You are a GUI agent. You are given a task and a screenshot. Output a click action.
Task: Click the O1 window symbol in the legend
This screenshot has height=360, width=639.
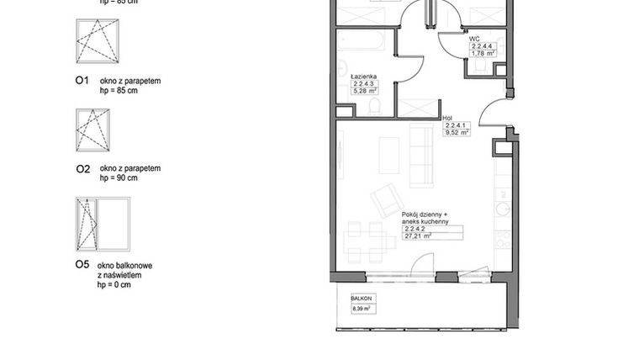(x=98, y=41)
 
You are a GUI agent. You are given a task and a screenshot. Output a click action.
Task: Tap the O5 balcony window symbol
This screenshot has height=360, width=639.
(x=103, y=224)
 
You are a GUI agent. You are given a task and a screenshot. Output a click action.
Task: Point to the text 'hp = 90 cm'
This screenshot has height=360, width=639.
(x=119, y=177)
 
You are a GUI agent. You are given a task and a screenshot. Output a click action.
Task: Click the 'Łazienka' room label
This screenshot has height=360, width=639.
(x=364, y=75)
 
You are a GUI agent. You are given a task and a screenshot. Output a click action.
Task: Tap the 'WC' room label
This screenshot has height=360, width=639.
(x=474, y=39)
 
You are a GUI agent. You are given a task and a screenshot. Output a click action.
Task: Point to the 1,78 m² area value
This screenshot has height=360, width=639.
(x=483, y=54)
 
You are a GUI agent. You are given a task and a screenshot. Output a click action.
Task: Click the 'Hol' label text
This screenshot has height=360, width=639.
(x=447, y=119)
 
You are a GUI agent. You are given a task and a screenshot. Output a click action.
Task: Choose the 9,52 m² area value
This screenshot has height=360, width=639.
(x=457, y=132)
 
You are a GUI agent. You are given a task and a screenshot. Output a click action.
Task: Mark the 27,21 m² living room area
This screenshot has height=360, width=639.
(x=417, y=236)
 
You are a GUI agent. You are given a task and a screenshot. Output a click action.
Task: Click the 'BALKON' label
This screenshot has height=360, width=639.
(x=362, y=298)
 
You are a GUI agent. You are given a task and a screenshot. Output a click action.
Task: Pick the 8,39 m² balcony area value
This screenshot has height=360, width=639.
(x=362, y=310)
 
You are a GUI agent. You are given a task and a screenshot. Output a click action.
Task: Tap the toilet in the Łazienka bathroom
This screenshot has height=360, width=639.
(x=374, y=105)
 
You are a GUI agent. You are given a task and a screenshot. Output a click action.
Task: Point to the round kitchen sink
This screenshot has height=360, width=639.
(x=502, y=208)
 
